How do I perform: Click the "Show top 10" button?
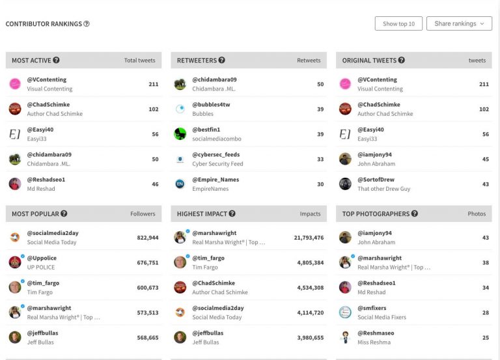tap(398, 24)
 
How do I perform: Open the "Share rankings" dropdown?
tap(459, 24)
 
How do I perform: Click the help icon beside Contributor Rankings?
tap(87, 24)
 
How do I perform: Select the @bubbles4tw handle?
tap(211, 104)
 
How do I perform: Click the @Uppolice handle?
tap(42, 258)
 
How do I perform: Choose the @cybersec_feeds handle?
tap(215, 154)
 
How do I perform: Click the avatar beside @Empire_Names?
tap(180, 184)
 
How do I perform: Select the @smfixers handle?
tap(372, 308)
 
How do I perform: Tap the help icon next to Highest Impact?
tap(232, 214)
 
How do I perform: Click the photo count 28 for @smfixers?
tap(484, 312)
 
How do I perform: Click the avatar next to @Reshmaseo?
tap(345, 337)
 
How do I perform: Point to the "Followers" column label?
tap(143, 214)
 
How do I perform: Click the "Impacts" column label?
tap(310, 214)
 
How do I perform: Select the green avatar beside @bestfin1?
tap(180, 133)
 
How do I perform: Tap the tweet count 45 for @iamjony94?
tap(484, 159)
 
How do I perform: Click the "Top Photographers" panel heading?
tap(376, 214)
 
